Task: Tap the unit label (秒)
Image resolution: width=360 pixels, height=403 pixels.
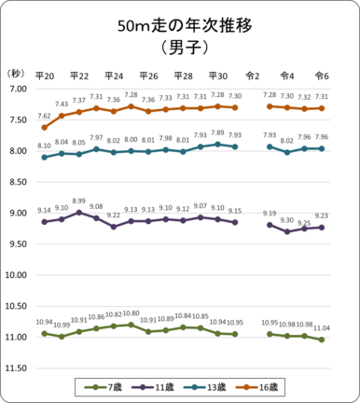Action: point(16,73)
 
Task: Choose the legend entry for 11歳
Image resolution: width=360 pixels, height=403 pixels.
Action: point(161,385)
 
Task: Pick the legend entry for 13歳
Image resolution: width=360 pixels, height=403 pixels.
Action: point(217,385)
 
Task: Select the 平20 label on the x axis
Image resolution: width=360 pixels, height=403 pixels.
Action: point(44,76)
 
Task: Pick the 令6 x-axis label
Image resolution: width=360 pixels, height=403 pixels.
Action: point(322,76)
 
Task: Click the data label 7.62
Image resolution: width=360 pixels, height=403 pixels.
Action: point(44,117)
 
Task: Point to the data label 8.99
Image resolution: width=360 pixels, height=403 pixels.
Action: point(79,201)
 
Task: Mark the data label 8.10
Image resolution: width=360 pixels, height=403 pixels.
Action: point(44,146)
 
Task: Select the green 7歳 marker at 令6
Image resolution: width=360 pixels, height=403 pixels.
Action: point(322,340)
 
